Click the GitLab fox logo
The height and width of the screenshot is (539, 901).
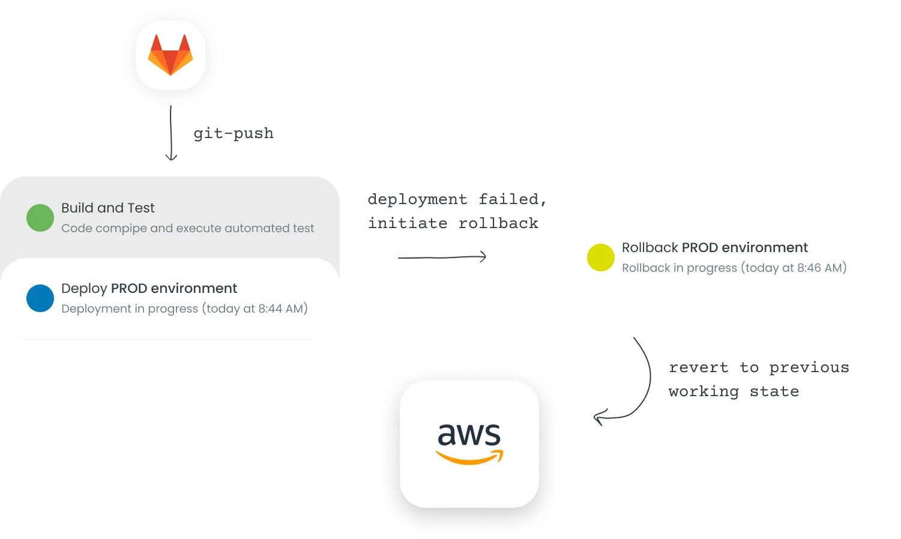(170, 55)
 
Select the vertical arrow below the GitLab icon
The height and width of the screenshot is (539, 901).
(171, 137)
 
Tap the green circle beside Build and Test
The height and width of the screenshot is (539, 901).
(40, 218)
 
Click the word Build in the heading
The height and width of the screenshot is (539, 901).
(77, 208)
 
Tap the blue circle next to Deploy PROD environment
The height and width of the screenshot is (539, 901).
(40, 298)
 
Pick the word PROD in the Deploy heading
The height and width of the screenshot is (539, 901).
(129, 288)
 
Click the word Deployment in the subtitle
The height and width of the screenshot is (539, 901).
(96, 309)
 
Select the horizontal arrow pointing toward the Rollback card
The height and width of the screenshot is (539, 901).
(441, 257)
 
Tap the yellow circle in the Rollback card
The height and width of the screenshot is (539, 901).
(600, 257)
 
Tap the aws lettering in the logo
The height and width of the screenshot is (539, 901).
(469, 435)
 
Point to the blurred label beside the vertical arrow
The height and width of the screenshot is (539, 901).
(232, 134)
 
